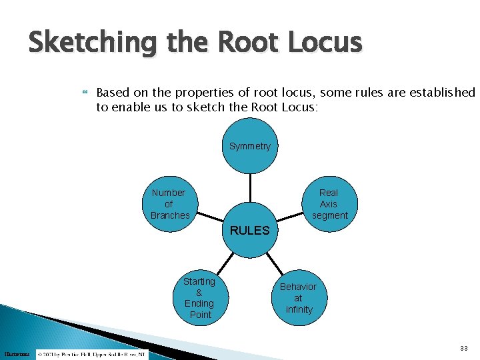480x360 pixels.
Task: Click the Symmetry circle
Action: (250, 146)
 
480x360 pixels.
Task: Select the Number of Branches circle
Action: (169, 203)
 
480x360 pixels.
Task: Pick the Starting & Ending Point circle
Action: (199, 297)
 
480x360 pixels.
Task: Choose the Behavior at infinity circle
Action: (298, 297)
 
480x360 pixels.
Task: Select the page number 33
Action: (463, 349)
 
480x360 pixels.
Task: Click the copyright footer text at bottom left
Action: (93, 353)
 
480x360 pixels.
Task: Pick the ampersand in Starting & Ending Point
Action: (199, 293)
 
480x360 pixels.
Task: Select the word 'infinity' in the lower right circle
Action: (298, 309)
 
